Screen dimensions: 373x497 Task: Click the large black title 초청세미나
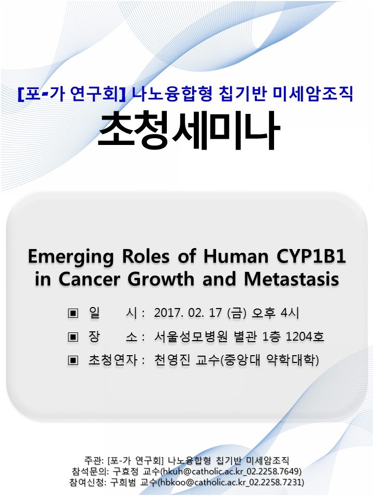click(x=189, y=130)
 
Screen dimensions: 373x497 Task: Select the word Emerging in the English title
click(x=71, y=257)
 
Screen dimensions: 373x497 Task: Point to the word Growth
click(x=161, y=279)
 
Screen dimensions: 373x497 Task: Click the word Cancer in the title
click(x=90, y=279)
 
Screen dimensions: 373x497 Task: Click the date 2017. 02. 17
click(x=188, y=313)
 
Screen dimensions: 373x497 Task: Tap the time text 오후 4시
click(x=275, y=313)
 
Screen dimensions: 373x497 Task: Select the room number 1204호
click(x=305, y=337)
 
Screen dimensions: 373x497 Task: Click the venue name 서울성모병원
click(x=191, y=337)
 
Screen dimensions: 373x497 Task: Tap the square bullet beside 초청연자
click(x=73, y=360)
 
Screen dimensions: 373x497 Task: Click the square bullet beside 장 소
click(x=73, y=337)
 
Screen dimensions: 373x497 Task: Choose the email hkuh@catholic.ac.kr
click(x=203, y=471)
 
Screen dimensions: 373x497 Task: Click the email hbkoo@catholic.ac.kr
click(x=202, y=483)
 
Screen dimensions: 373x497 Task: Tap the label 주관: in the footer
click(x=94, y=460)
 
